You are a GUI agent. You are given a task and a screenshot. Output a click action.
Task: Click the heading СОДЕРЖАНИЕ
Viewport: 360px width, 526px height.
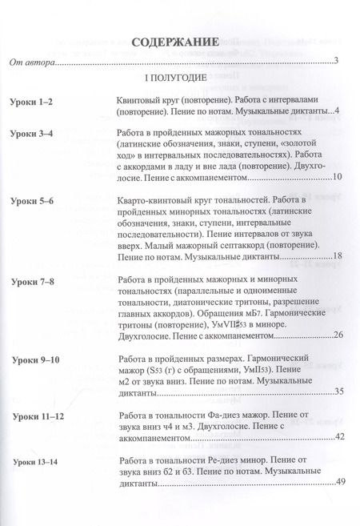(174, 42)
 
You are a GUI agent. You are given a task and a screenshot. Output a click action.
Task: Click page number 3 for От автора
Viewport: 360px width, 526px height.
(338, 61)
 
